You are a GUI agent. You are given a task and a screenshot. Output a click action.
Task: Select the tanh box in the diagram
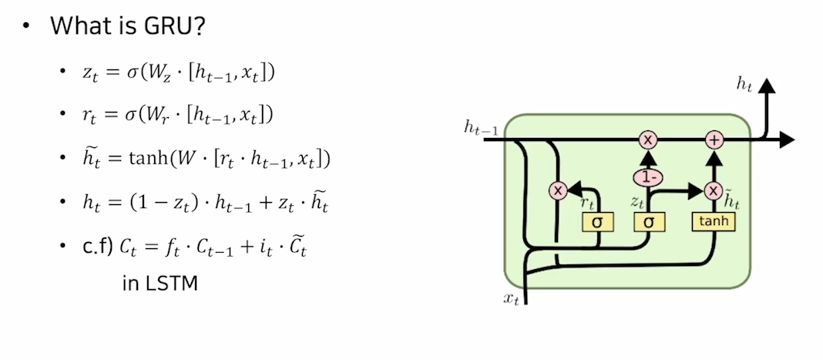pyautogui.click(x=714, y=222)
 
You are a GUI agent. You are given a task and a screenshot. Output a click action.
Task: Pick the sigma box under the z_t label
pyautogui.click(x=648, y=222)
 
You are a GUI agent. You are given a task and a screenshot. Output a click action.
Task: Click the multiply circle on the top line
pyautogui.click(x=648, y=140)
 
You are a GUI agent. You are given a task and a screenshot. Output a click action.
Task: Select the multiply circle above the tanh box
pyautogui.click(x=714, y=190)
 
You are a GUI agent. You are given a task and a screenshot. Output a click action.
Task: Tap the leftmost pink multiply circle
pyautogui.click(x=557, y=190)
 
